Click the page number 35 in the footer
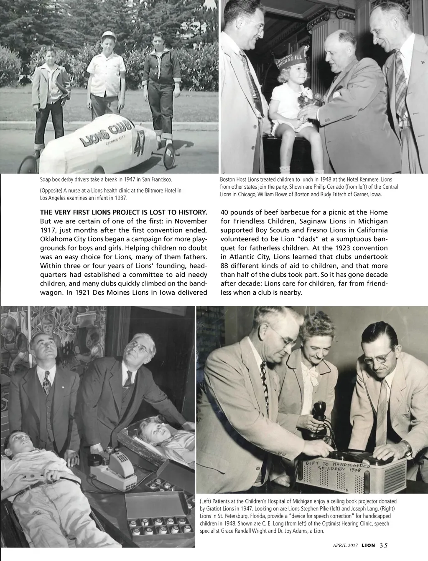tap(384, 545)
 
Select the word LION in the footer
tap(368, 545)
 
